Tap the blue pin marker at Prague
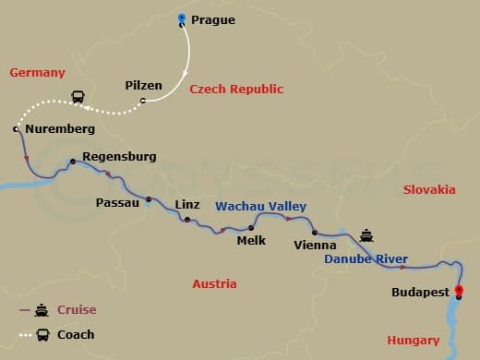[x=182, y=18]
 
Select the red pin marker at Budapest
[x=459, y=294]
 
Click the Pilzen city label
[x=143, y=86]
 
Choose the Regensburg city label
[x=119, y=157]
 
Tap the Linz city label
[x=188, y=204]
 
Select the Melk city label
[x=251, y=240]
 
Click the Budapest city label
[x=420, y=293]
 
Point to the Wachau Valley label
[x=261, y=207]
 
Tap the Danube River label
[x=366, y=260]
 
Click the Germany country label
[x=37, y=73]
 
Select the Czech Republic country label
[x=236, y=90]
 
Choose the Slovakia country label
[x=429, y=189]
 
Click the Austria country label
[x=214, y=284]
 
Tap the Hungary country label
[x=413, y=341]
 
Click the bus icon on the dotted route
[x=79, y=96]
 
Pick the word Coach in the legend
[x=76, y=334]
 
